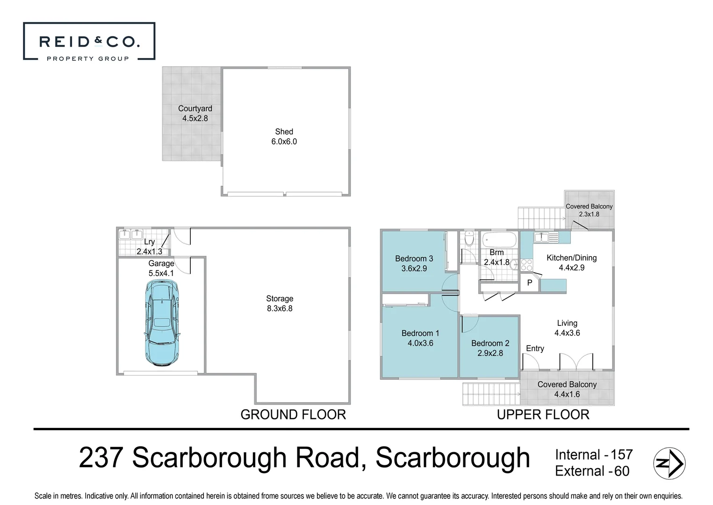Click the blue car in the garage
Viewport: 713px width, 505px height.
[162, 323]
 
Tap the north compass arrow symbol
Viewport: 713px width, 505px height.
[669, 463]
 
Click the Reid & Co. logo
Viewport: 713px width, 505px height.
[89, 41]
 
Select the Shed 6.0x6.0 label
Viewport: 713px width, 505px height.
[284, 137]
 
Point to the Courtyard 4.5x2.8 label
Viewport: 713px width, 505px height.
[195, 113]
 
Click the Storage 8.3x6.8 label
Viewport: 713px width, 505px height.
[280, 303]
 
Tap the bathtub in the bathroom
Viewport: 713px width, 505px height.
[499, 240]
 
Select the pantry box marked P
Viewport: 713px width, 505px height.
[530, 283]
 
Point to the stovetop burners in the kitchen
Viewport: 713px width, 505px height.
[526, 265]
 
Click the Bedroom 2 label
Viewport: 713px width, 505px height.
[490, 343]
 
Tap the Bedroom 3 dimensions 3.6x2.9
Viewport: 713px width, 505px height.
[414, 268]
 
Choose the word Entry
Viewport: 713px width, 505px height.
[535, 348]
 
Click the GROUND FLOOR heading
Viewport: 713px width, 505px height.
[293, 415]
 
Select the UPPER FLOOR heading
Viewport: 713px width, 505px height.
[543, 415]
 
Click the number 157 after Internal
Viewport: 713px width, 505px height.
[622, 454]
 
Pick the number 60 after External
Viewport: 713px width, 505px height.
[622, 471]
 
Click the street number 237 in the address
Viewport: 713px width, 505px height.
[101, 458]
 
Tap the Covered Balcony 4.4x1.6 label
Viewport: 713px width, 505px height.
[567, 389]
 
